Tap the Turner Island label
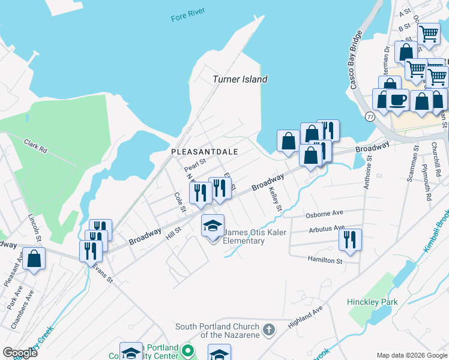(x=240, y=79)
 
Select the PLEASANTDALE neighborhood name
(x=205, y=152)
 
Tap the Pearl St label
(x=195, y=162)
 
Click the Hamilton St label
(x=325, y=261)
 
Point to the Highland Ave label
(x=305, y=313)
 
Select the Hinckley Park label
(x=372, y=302)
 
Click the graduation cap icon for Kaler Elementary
(x=212, y=226)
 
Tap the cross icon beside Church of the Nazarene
(x=269, y=330)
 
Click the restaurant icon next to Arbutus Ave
(x=350, y=239)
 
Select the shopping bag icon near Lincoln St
(x=34, y=259)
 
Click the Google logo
(x=20, y=353)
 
